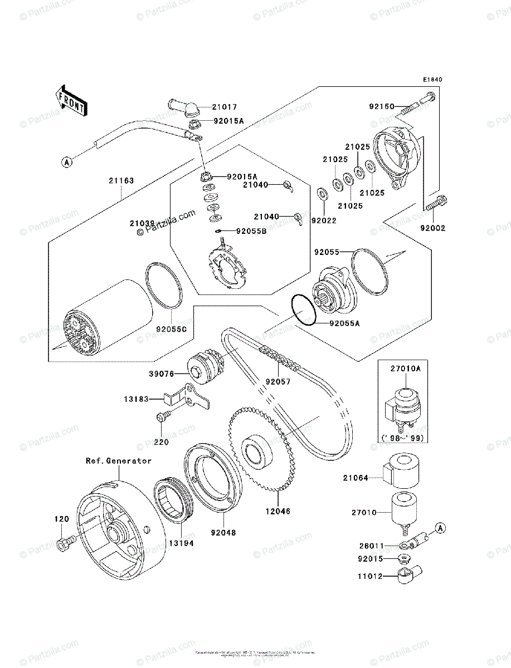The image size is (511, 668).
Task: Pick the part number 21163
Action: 121,180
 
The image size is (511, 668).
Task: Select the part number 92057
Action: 278,382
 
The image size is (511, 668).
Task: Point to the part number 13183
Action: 137,399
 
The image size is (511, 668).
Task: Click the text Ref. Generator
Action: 118,461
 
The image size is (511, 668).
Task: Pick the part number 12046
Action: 278,510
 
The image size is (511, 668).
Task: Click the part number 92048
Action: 223,532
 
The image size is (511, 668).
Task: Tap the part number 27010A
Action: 406,368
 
